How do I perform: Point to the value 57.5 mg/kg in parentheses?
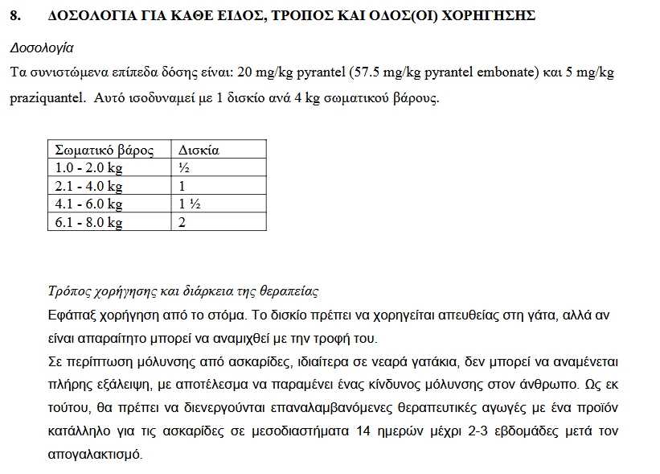click(387, 73)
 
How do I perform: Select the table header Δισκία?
click(198, 150)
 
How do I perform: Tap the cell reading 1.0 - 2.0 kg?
click(88, 168)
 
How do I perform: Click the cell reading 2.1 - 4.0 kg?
click(88, 186)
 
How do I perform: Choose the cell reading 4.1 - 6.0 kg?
click(88, 204)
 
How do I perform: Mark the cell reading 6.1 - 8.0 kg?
click(88, 222)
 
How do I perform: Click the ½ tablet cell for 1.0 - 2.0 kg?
click(184, 168)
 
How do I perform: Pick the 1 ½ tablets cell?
click(190, 204)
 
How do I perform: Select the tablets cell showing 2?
click(182, 222)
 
